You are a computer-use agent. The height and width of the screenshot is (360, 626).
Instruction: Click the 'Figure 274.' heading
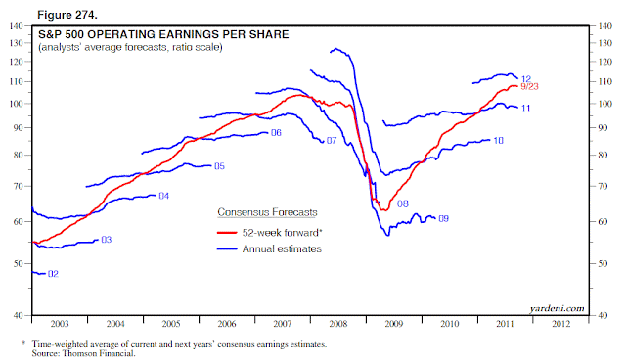click(x=67, y=16)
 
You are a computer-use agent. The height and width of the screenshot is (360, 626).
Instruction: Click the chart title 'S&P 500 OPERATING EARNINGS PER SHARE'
click(x=163, y=34)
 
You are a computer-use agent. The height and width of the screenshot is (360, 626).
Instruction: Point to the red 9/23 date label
click(x=529, y=86)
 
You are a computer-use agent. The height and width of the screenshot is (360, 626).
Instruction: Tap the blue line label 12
click(x=526, y=79)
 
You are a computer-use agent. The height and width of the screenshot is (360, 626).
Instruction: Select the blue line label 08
click(x=403, y=203)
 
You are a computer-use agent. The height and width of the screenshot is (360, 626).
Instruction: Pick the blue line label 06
click(x=276, y=132)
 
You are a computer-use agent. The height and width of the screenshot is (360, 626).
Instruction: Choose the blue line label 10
click(x=498, y=141)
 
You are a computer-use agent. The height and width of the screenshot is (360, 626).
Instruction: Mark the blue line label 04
click(x=164, y=196)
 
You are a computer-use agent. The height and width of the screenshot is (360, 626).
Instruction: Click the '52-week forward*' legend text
click(x=283, y=233)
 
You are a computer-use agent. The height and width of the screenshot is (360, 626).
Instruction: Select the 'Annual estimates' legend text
click(x=282, y=249)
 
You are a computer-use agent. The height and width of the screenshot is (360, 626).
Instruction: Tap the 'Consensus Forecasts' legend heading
click(x=267, y=212)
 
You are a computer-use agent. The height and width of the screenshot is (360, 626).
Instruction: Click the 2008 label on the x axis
click(x=338, y=324)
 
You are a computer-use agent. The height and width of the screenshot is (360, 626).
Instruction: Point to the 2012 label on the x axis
click(x=560, y=324)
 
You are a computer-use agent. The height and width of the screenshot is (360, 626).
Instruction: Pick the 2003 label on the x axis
click(x=60, y=324)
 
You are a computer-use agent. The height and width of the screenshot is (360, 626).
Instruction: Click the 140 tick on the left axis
click(x=16, y=26)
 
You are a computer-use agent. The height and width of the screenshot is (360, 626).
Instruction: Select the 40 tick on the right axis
click(x=603, y=315)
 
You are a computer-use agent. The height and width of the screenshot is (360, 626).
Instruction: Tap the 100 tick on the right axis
click(x=604, y=104)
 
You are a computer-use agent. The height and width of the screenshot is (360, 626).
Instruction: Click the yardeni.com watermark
click(x=557, y=308)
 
